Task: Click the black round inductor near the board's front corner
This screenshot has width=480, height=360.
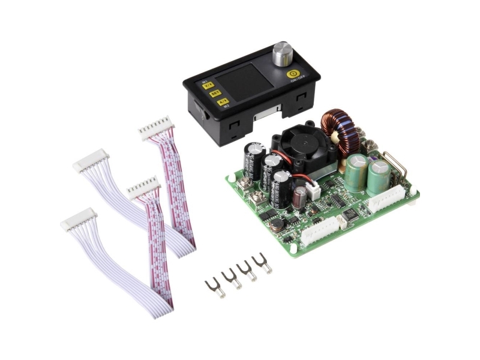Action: tap(277, 223)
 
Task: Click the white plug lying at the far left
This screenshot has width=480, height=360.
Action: tap(78, 219)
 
